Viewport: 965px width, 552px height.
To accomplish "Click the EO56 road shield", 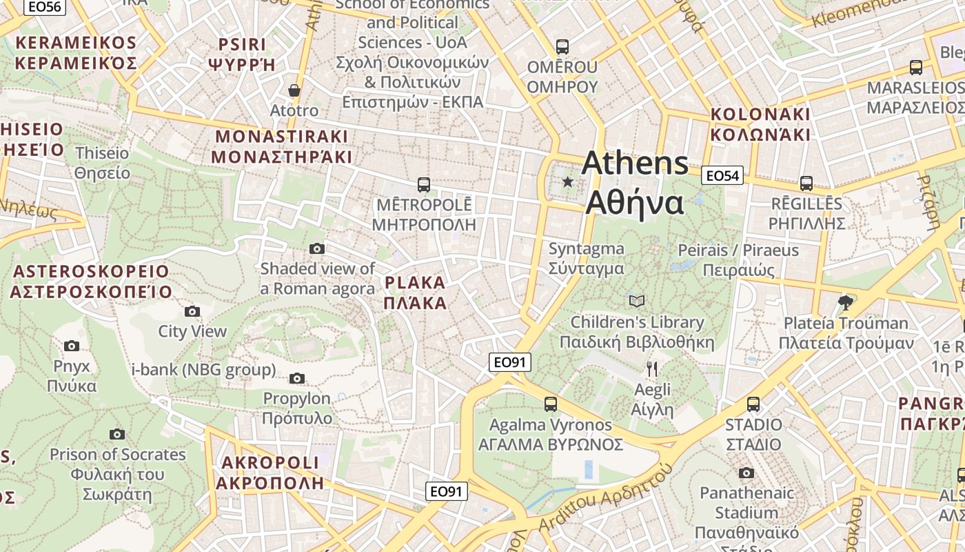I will click(45, 6).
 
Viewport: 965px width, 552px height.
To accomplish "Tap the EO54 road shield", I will click(722, 176).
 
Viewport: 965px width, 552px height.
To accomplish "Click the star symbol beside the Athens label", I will click(567, 182).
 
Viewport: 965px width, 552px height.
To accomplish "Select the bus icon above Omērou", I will click(562, 47).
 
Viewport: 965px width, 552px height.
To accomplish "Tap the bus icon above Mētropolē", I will click(424, 185).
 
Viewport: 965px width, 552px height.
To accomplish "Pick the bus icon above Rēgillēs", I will click(806, 184).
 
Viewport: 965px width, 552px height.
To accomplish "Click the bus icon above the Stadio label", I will click(753, 404).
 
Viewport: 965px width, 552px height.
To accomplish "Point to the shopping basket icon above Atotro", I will click(294, 90).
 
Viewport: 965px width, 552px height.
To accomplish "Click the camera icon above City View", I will click(192, 311).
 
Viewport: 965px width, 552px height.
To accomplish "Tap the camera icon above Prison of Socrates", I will click(117, 434).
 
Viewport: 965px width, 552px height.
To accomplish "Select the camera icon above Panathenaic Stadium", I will click(746, 473).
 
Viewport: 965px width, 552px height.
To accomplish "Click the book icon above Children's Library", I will click(637, 302).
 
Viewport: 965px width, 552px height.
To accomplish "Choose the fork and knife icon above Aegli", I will click(652, 369).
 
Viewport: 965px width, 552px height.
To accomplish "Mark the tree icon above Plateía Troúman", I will click(845, 302).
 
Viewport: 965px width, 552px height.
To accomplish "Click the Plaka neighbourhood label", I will click(415, 293).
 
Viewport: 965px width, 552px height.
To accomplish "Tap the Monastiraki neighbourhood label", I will click(281, 146).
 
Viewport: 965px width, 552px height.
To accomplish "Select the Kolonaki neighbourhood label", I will click(760, 124).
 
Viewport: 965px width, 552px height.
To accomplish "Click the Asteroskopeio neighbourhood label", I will click(91, 281).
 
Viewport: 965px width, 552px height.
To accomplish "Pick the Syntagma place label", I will click(586, 259).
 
